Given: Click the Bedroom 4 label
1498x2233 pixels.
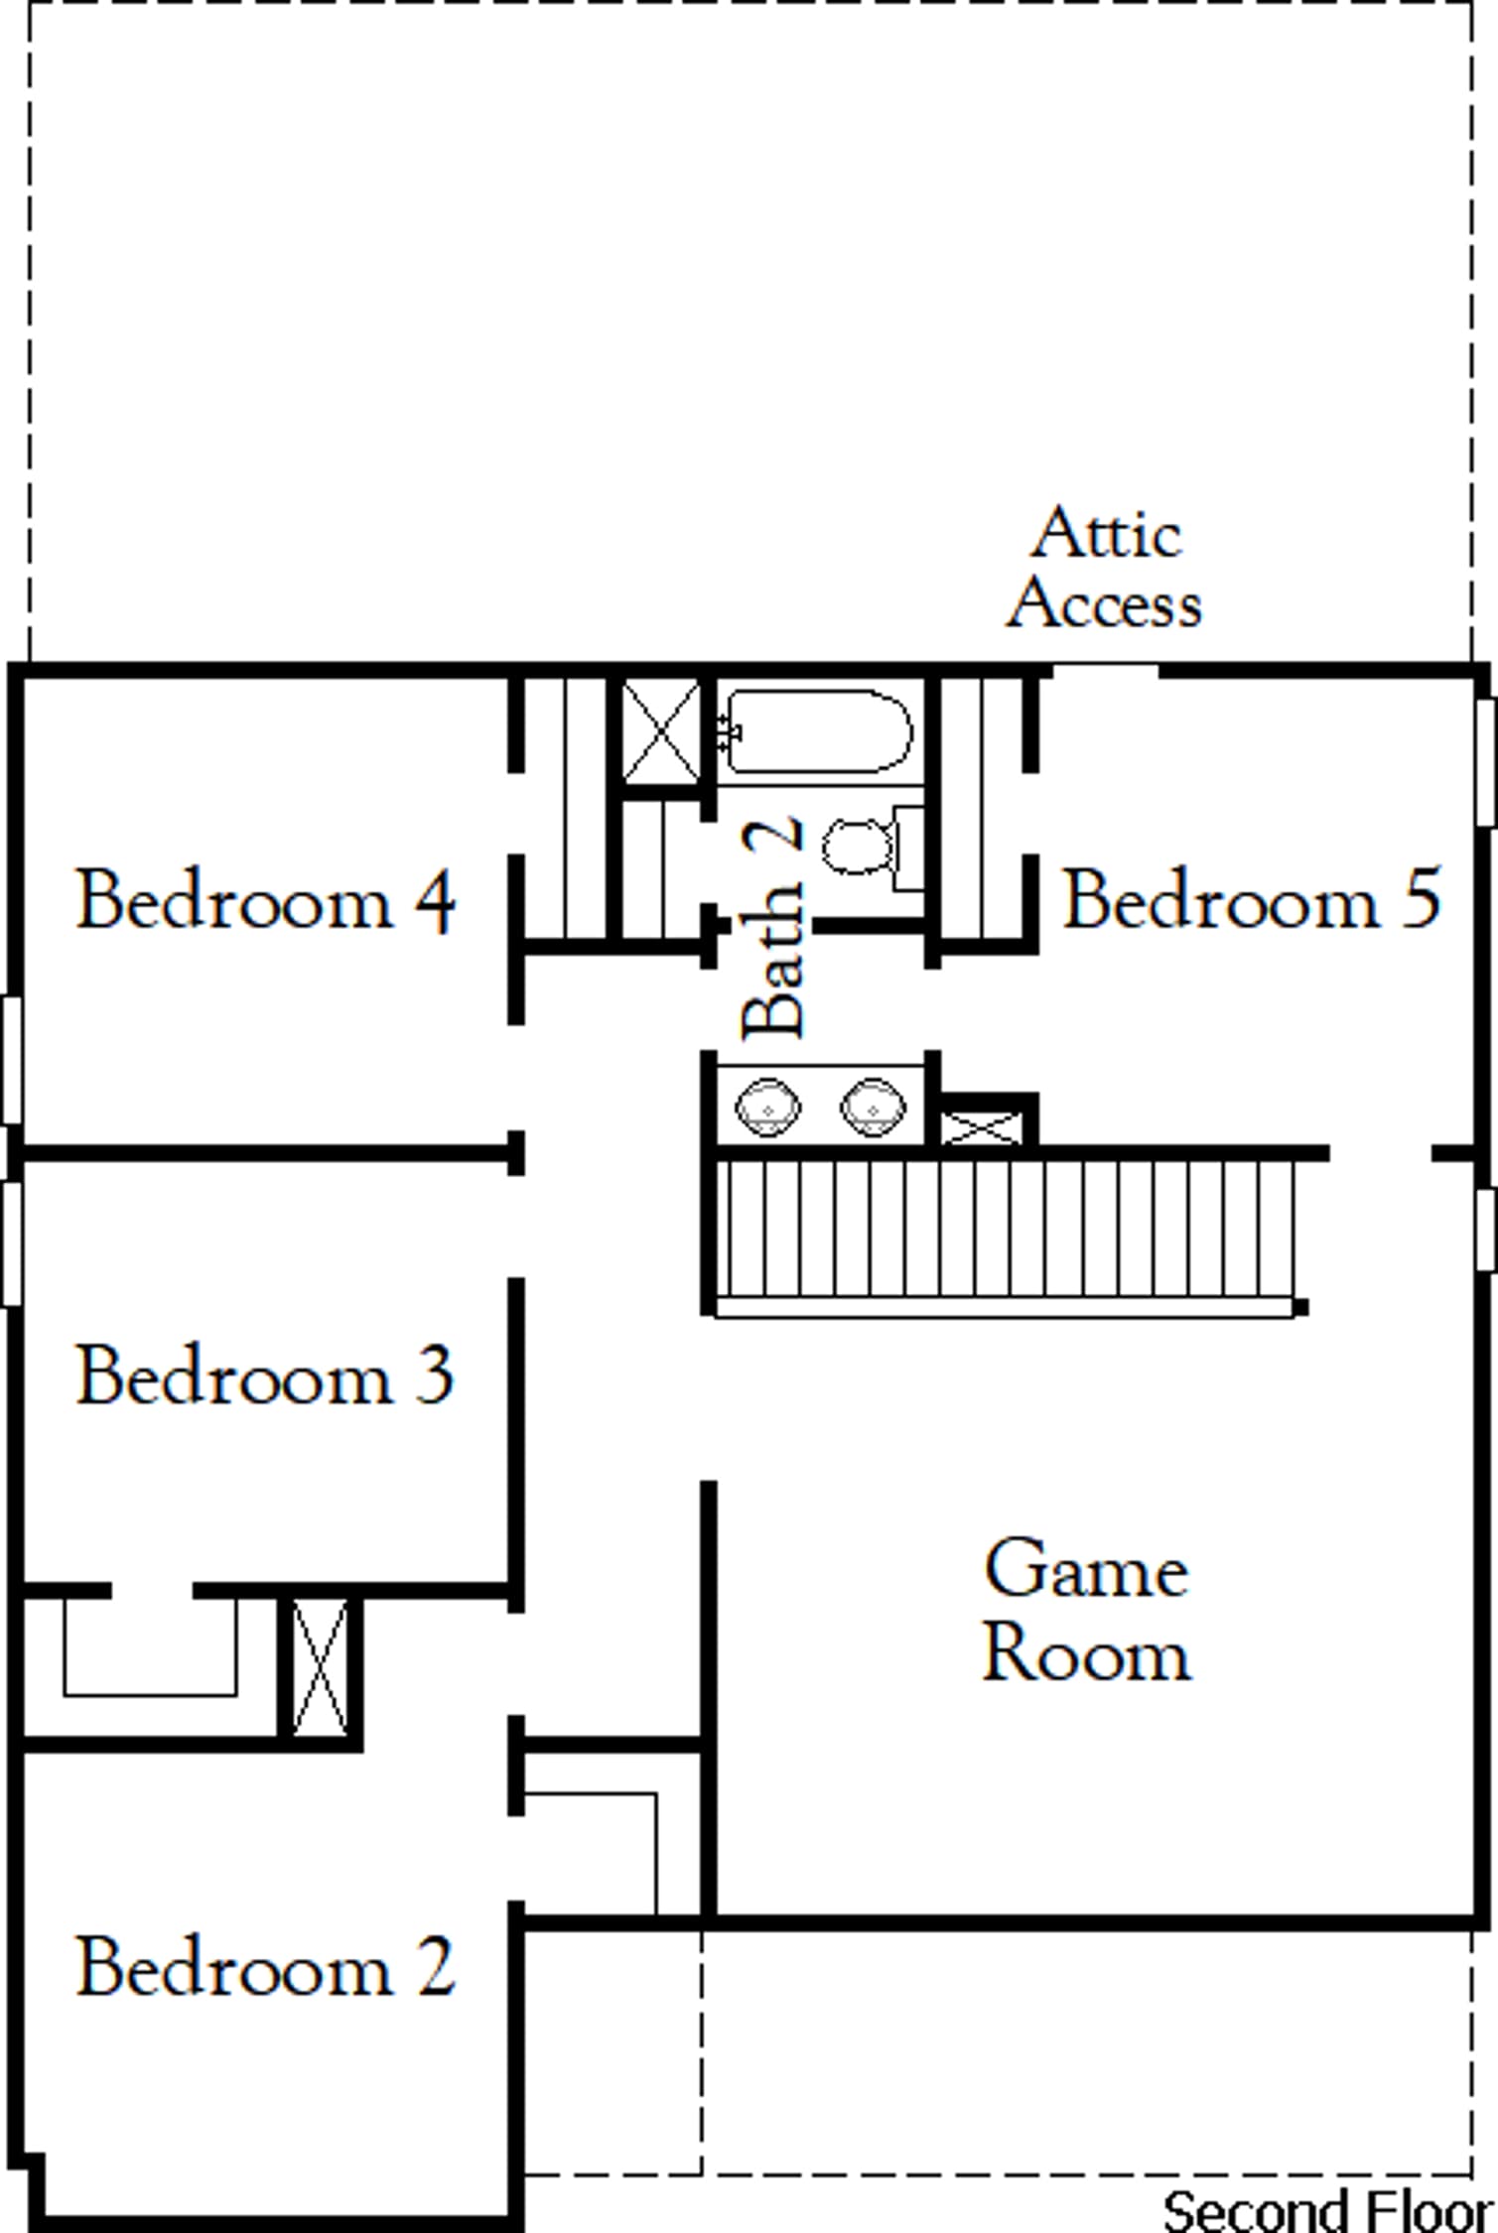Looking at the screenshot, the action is point(266,900).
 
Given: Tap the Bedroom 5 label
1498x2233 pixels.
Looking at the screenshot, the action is point(1252,898).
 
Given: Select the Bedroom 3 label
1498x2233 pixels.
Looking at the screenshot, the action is point(265,1377).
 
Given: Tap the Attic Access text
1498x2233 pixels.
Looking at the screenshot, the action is point(1105,569).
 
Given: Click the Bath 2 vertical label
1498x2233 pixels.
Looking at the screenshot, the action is point(772,927).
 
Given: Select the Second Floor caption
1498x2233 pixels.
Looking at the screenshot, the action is point(1328,2210).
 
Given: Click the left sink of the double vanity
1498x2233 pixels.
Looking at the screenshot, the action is point(767,1107).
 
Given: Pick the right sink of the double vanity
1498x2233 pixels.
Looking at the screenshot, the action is point(873,1106).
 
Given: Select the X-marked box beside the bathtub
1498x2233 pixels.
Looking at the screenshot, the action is point(661,731).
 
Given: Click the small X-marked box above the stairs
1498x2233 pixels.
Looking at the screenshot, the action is point(980,1127).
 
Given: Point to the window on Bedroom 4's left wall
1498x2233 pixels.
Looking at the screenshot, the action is point(11,1060).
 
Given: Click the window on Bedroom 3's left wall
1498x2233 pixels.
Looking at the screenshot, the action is point(11,1243).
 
